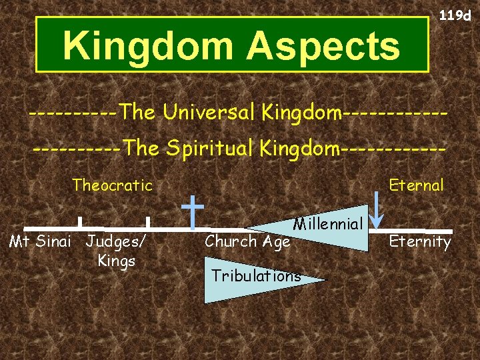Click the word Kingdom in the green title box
tap(148, 46)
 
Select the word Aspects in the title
tap(324, 47)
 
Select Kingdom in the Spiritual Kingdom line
tap(298, 148)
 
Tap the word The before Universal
tap(139, 113)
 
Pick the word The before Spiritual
tap(141, 148)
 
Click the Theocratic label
tap(113, 185)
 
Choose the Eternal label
tap(416, 185)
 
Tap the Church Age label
tap(247, 241)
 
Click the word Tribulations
tap(256, 275)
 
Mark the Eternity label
tap(420, 241)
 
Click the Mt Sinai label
tap(39, 241)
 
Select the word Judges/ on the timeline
tap(117, 241)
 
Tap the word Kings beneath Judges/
tap(117, 261)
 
